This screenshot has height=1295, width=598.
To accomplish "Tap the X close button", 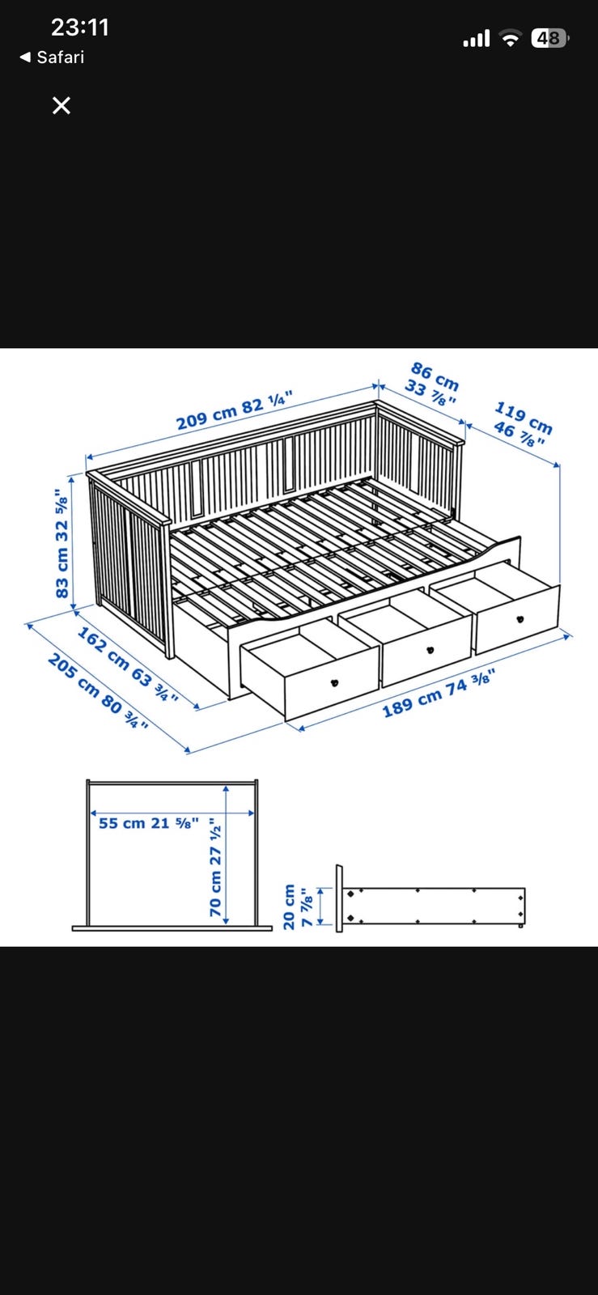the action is coord(61,105).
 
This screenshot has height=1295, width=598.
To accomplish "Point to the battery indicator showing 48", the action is coord(549,38).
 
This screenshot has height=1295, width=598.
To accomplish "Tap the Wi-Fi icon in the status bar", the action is coord(510,38).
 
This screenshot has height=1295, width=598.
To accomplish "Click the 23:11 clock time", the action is coord(80,28).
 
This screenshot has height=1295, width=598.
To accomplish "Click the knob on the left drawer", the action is coord(334,683).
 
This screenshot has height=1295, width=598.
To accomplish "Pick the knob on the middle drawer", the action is coord(430,651).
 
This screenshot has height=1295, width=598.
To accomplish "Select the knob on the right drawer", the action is coord(520,619).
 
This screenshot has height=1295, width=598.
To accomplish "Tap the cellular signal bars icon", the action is coord(477,39).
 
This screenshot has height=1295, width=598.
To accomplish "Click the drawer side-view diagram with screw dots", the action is coord(431,899).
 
